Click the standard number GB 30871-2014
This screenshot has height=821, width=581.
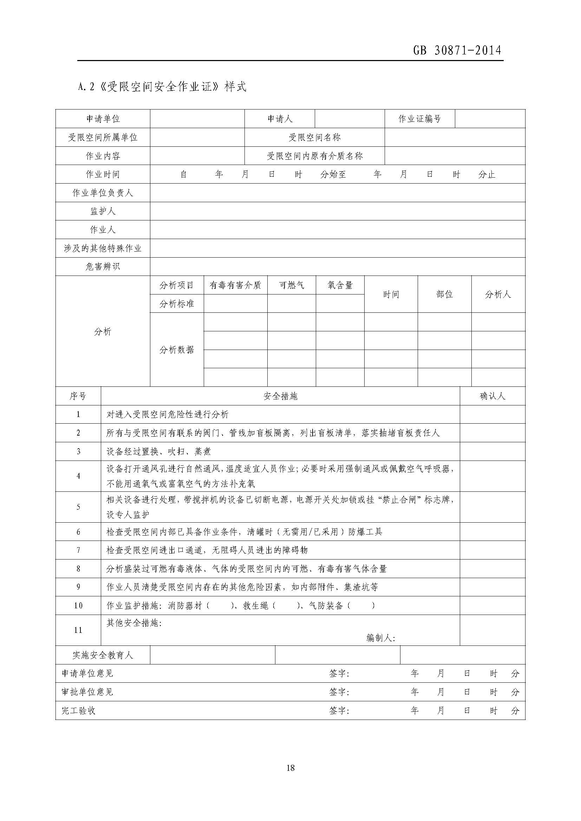point(457,50)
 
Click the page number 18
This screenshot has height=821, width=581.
point(290,767)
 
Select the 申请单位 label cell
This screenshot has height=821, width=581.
point(103,119)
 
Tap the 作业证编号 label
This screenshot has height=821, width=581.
point(419,119)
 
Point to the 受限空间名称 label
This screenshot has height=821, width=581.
point(314,137)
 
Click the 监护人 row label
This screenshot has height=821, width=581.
point(103,211)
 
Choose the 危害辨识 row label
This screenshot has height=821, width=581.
point(103,267)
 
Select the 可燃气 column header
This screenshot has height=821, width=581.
point(291,285)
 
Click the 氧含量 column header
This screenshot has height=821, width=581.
point(340,285)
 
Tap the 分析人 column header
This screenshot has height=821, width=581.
point(498,294)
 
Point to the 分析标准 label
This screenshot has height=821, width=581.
point(177,304)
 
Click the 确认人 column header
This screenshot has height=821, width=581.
point(492,396)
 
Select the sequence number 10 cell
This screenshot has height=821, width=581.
point(78,606)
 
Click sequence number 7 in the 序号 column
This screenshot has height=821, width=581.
point(78,550)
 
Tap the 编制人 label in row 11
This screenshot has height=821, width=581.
point(381,638)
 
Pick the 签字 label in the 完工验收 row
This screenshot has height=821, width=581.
point(339,710)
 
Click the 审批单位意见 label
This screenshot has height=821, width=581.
point(87,692)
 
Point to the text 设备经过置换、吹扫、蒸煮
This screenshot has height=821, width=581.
point(158,452)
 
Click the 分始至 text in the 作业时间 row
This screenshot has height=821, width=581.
point(333,174)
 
